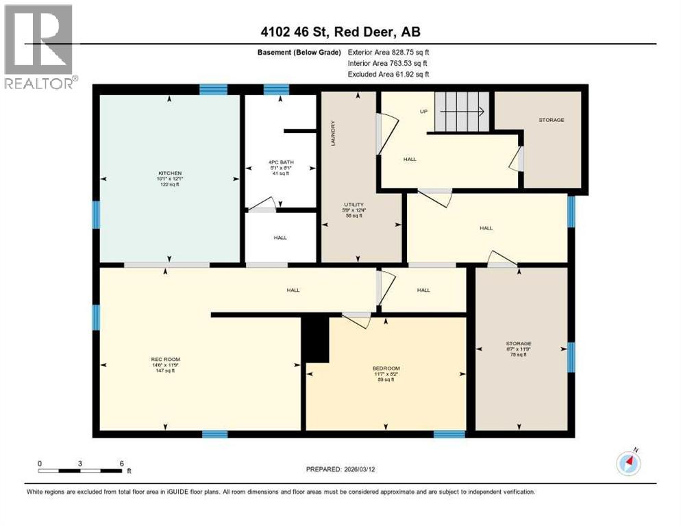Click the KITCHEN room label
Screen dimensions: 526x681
(169, 173)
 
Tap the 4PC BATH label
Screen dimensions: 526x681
(280, 162)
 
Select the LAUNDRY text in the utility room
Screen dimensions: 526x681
(333, 133)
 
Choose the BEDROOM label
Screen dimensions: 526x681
(386, 368)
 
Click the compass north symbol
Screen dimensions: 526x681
(628, 464)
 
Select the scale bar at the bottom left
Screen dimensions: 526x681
(80, 471)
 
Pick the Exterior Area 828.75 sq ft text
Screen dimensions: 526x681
(388, 52)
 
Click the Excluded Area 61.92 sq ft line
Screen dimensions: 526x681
(388, 74)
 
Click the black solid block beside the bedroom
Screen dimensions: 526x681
(315, 339)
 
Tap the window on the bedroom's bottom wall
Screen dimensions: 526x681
(449, 434)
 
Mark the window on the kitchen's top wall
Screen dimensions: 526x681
(213, 88)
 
